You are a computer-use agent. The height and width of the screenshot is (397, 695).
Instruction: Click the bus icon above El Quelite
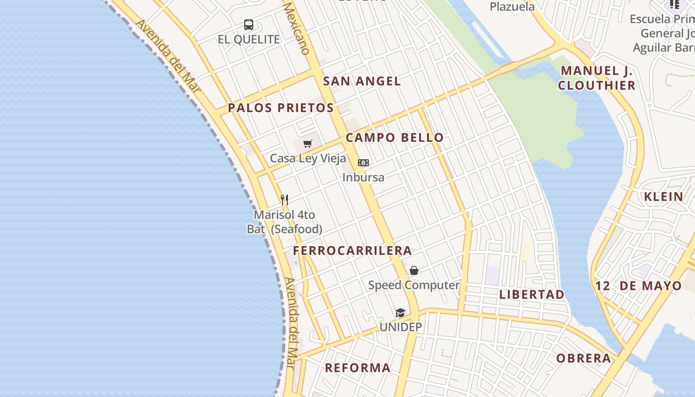coord(249,25)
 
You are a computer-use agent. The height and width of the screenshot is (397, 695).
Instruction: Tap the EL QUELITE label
coord(249,40)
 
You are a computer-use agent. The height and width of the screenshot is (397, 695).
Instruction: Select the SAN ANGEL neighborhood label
coord(362,81)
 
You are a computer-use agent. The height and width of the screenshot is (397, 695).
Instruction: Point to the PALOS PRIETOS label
coord(281,108)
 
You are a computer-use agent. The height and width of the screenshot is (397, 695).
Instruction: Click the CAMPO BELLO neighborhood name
coord(395,137)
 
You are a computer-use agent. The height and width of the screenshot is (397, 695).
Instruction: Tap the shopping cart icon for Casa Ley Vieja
coord(308,144)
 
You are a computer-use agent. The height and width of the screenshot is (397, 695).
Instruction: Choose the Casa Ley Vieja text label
coord(308,159)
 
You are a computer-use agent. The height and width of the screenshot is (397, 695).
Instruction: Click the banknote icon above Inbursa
coord(363,163)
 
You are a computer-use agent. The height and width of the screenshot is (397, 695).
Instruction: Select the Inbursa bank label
coord(363,177)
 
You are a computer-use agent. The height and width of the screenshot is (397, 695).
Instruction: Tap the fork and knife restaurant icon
coord(284,200)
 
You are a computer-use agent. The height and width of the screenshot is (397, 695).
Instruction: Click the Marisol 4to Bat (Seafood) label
coord(284,222)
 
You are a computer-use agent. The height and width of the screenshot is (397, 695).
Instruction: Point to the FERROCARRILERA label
coord(352,251)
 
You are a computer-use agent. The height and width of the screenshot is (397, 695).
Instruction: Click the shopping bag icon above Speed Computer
coord(414,270)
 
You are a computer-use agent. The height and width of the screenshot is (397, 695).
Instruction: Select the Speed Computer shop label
coord(414,285)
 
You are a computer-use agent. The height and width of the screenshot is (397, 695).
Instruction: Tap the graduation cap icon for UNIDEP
coord(401,313)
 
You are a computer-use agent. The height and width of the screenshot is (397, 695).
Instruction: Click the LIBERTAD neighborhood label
coord(532,294)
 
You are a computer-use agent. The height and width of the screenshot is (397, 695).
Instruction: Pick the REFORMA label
coord(357,368)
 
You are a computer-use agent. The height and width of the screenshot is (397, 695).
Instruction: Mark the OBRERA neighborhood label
coord(583,358)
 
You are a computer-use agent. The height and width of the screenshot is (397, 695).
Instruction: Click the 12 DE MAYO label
coord(638,286)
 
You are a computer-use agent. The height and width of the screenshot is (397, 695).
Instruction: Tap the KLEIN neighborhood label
coord(664,197)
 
